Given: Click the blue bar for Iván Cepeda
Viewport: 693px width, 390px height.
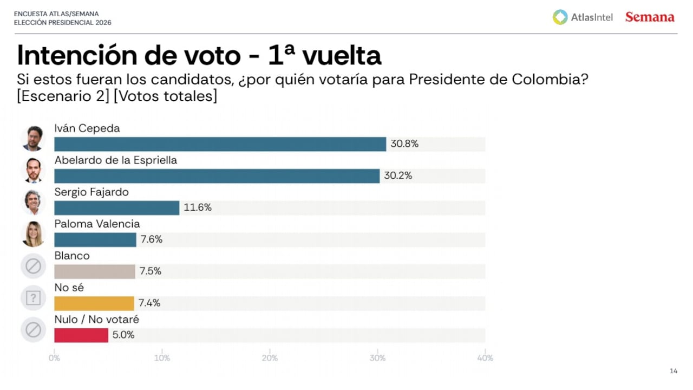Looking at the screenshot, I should point(220,144).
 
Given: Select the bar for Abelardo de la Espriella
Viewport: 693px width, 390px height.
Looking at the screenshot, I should point(217,176).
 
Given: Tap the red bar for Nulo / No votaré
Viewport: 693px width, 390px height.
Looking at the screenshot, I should point(81,335).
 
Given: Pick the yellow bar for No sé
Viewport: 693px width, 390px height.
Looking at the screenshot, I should point(94,303).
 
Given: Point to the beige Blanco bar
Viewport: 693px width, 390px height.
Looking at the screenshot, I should point(94,271).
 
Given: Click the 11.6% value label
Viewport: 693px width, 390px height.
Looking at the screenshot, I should point(198,207).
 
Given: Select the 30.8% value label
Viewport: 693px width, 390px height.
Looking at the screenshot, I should point(404,144).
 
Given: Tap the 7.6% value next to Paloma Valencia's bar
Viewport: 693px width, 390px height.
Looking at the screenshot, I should point(152,239).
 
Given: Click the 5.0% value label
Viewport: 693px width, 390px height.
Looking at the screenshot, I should point(123,335).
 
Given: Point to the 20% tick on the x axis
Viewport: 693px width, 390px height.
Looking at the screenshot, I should point(270,358).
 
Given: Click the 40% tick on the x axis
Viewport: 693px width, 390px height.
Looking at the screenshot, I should point(485,358).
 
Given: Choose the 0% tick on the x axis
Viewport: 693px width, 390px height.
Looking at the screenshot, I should point(54,358).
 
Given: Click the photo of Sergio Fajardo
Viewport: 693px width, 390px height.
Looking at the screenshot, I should point(33,203).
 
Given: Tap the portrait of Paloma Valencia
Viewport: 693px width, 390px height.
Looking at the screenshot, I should point(33,234).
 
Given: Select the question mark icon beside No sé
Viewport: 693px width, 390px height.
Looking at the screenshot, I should point(33,298).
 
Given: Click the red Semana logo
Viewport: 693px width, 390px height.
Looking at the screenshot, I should point(650,17).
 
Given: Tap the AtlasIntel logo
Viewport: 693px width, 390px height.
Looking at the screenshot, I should point(583,17).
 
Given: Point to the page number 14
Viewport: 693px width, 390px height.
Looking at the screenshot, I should point(674,371).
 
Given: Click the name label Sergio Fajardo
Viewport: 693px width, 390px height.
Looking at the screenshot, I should point(91,192).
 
